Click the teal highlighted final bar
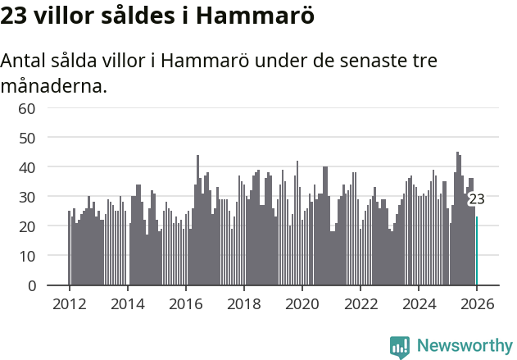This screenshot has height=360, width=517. pyautogui.click(x=477, y=251)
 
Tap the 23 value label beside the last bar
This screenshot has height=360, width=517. pyautogui.click(x=476, y=199)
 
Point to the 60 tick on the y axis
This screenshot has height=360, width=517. pyautogui.click(x=27, y=108)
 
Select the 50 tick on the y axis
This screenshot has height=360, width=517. pyautogui.click(x=27, y=138)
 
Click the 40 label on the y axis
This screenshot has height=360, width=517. pyautogui.click(x=27, y=167)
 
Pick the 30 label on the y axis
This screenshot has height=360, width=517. pyautogui.click(x=27, y=197)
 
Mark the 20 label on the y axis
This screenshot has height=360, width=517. pyautogui.click(x=27, y=226)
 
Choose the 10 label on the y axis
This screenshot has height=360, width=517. pyautogui.click(x=27, y=256)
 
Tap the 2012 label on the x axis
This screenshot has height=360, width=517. pyautogui.click(x=69, y=303)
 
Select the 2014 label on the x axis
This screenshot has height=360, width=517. pyautogui.click(x=127, y=303)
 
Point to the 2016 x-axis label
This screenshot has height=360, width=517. pyautogui.click(x=185, y=303)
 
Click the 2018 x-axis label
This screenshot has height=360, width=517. pyautogui.click(x=243, y=303)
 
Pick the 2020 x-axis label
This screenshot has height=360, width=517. pyautogui.click(x=302, y=303)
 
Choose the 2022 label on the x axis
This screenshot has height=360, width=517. pyautogui.click(x=361, y=303)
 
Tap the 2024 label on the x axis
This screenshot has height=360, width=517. pyautogui.click(x=419, y=303)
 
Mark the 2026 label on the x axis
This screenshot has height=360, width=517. pyautogui.click(x=477, y=303)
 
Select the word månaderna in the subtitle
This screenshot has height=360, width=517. pyautogui.click(x=54, y=84)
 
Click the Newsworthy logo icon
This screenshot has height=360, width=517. pyautogui.click(x=400, y=347)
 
